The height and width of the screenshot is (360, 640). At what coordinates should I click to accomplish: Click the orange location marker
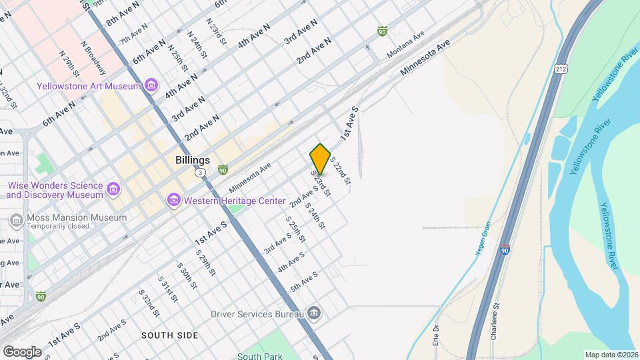(321, 159)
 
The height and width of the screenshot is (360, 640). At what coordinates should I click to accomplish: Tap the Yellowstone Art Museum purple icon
(151, 85)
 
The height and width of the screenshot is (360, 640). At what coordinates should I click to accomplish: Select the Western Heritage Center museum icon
(174, 199)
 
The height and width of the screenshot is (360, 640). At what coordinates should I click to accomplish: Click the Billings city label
(192, 160)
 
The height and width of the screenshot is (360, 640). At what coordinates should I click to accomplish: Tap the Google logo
(23, 351)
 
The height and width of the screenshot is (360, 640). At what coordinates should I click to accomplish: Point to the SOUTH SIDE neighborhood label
(169, 335)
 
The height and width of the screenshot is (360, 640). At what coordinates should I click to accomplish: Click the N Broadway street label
(94, 58)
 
